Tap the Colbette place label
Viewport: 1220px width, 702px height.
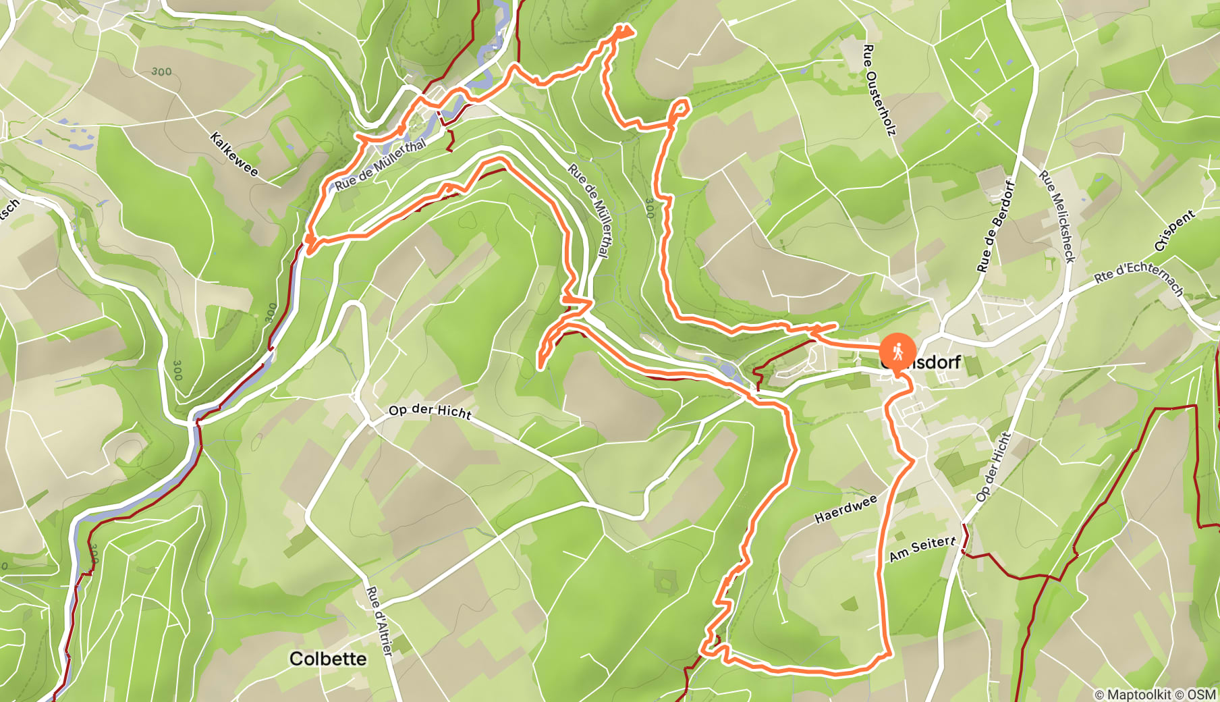click(x=328, y=659)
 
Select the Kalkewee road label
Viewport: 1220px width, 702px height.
click(x=234, y=154)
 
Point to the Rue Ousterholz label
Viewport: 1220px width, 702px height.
click(x=879, y=90)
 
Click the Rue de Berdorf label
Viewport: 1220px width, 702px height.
click(x=995, y=227)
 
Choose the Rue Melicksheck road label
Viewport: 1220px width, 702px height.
click(x=1057, y=216)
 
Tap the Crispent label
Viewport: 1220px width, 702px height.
click(x=1174, y=231)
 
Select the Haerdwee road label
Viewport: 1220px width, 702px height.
click(x=845, y=508)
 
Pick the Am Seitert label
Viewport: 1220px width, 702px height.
click(x=922, y=549)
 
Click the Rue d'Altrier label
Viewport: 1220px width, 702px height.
click(x=379, y=620)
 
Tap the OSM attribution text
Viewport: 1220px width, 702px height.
click(x=1202, y=694)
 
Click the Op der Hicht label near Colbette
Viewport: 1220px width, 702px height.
click(x=430, y=411)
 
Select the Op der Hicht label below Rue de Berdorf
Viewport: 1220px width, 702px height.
click(x=994, y=467)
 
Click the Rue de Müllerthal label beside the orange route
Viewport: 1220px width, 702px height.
click(x=381, y=164)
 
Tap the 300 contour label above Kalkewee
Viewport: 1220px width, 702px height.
click(x=161, y=71)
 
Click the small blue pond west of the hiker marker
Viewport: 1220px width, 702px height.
click(x=727, y=369)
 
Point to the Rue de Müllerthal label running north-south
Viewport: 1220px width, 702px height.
click(x=589, y=210)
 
